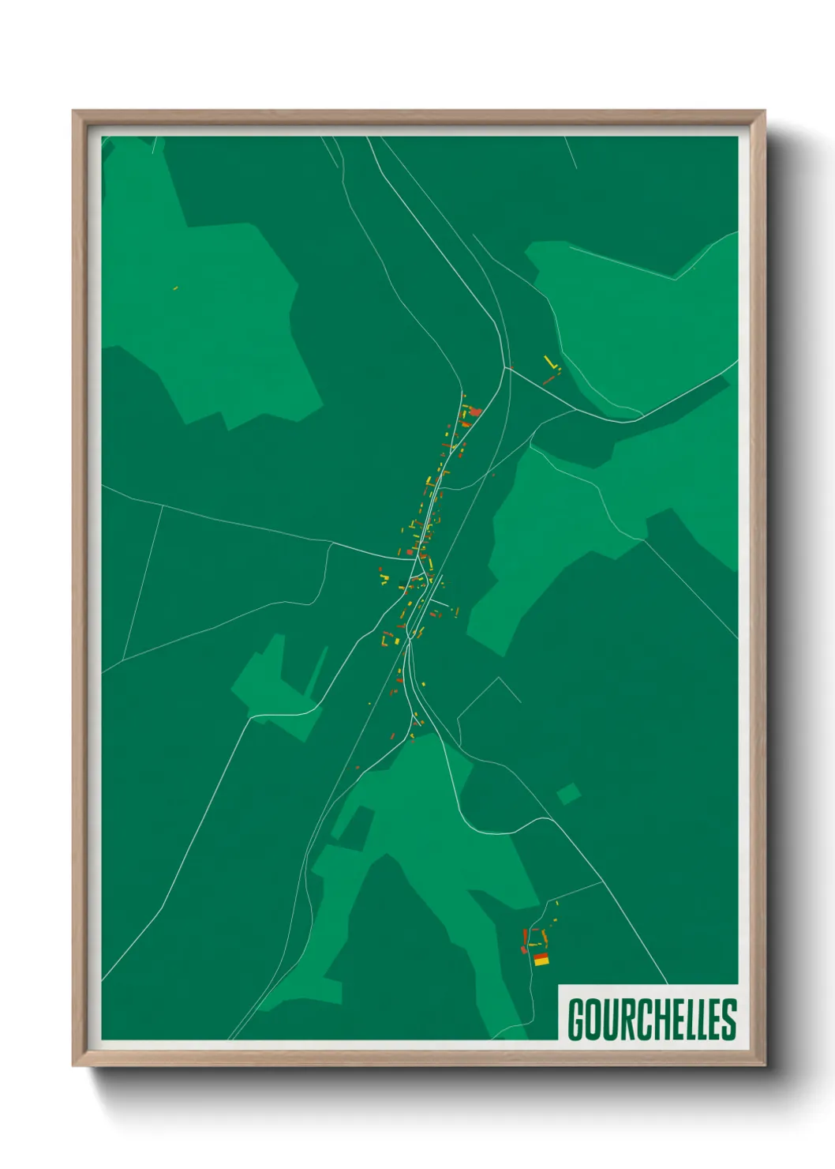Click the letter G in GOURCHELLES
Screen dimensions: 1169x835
pos(576,1020)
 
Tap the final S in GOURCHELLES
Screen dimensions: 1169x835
pos(728,1020)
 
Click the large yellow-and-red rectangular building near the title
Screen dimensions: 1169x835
pos(541,960)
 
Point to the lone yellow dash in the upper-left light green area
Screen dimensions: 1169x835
pos(175,288)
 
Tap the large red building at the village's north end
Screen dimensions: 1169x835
pos(475,412)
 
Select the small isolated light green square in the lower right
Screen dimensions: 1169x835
pos(568,794)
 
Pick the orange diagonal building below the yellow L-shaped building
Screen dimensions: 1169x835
pos(550,379)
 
